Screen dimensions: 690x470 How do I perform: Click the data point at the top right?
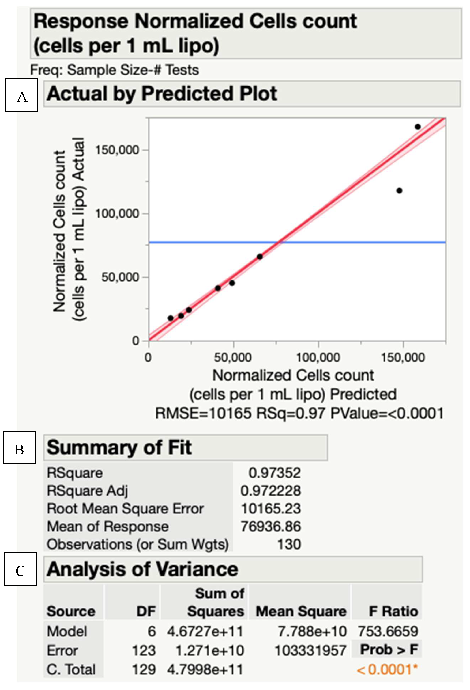tap(417, 127)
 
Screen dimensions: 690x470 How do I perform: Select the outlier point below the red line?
tap(399, 191)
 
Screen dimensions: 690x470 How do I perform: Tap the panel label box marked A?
tap(21, 95)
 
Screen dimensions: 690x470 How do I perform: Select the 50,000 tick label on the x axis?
tap(233, 357)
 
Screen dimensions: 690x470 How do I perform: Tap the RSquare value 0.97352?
tap(274, 473)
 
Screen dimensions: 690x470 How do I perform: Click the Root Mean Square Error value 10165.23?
tap(271, 508)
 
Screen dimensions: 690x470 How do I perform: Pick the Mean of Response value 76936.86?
tap(271, 526)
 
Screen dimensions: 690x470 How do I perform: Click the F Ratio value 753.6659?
tap(388, 631)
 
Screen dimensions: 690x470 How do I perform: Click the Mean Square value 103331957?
tap(310, 650)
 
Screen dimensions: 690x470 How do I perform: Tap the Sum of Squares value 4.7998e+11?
tap(205, 669)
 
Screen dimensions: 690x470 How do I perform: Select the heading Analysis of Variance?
tap(142, 569)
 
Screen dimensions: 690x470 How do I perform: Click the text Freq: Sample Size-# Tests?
tap(115, 70)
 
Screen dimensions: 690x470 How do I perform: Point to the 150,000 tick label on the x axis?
tap(403, 357)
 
